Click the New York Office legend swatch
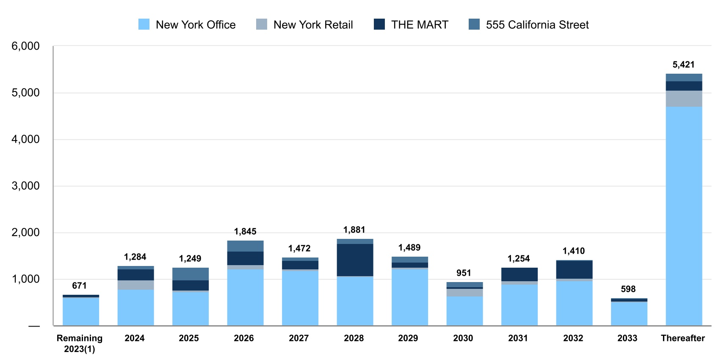[144, 25]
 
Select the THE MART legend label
[419, 25]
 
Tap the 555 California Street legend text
[537, 25]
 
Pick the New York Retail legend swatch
[262, 25]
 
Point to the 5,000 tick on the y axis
[25, 93]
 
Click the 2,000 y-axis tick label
[25, 233]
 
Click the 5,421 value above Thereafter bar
[683, 65]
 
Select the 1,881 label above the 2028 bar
[354, 230]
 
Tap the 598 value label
[628, 289]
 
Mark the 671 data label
[79, 286]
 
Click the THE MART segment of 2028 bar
[355, 260]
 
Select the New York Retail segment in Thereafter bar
[684, 99]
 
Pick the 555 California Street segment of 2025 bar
[190, 274]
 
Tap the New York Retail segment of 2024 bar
[135, 285]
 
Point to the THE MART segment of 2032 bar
[574, 269]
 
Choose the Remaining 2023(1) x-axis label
[80, 343]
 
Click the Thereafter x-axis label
[683, 338]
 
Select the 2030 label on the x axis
[463, 338]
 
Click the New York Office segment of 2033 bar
[629, 314]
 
